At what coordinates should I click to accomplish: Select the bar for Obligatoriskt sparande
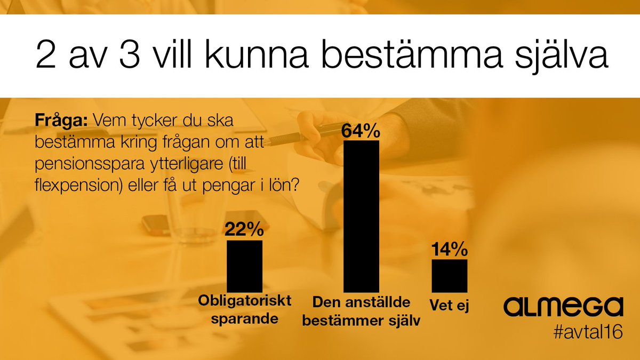click(245, 266)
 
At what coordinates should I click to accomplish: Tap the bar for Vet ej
click(449, 276)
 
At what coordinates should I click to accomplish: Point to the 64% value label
click(361, 131)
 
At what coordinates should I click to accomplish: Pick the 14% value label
click(449, 249)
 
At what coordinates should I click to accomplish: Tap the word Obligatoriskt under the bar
click(245, 301)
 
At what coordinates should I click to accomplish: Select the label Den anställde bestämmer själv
click(361, 311)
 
